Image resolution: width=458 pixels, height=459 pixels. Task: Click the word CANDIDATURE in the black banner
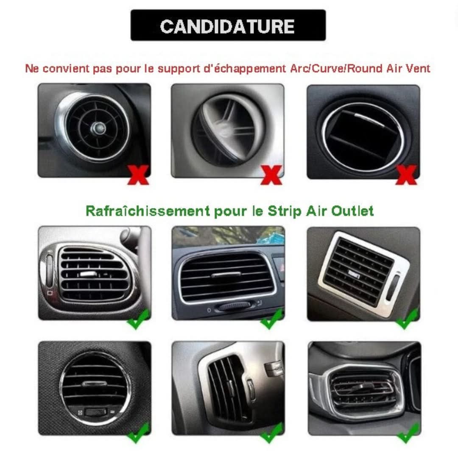[x=227, y=26]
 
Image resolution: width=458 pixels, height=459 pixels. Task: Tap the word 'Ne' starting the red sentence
[x=32, y=69]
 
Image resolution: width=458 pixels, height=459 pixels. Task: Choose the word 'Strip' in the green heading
[x=284, y=211]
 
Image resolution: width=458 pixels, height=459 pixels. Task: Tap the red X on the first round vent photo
[x=138, y=175]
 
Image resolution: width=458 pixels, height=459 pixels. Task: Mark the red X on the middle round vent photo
[x=271, y=175]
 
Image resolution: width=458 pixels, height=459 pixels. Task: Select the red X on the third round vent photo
[x=406, y=175]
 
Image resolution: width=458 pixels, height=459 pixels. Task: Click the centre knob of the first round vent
[x=98, y=128]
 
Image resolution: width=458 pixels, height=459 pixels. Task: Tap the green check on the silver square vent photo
[x=407, y=320]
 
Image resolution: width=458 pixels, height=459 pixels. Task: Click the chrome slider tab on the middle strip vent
[x=226, y=275]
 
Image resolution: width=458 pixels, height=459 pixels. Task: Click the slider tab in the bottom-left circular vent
[x=95, y=384]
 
